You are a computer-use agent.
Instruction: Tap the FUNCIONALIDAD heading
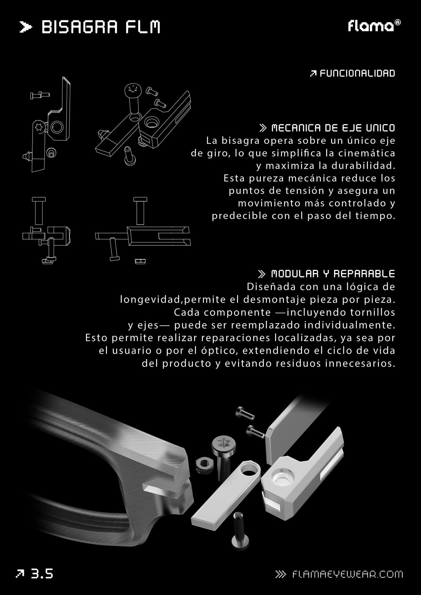[x=357, y=73]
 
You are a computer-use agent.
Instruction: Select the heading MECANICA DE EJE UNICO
[x=333, y=128]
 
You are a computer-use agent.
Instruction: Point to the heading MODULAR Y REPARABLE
[x=333, y=274]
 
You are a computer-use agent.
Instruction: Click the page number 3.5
[x=42, y=574]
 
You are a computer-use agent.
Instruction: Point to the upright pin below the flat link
[x=240, y=528]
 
